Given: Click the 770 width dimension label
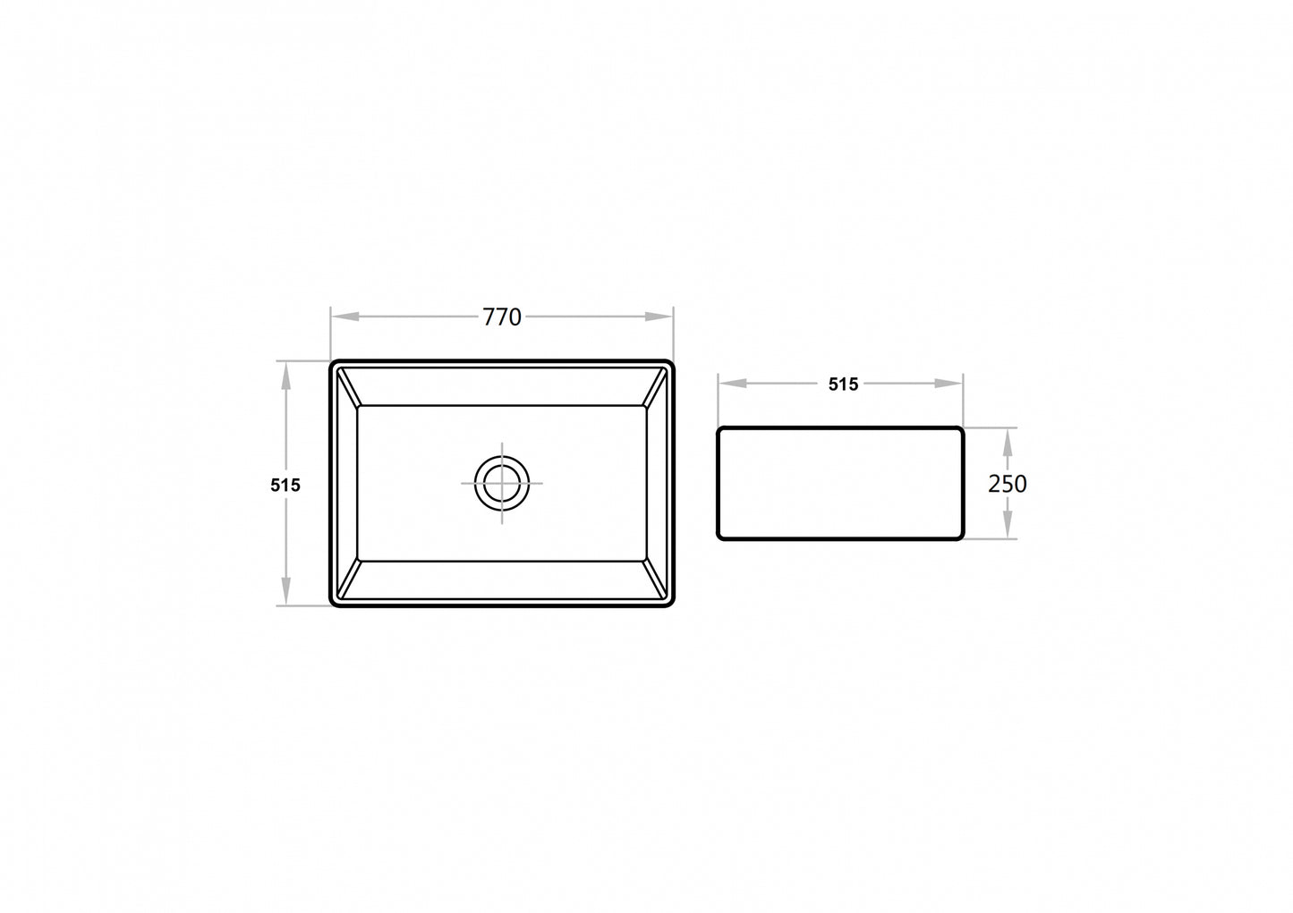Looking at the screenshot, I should [x=501, y=317].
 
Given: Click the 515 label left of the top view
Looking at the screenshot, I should [x=285, y=486].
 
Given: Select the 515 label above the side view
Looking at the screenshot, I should [x=843, y=385].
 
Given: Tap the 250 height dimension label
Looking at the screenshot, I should [x=1008, y=484].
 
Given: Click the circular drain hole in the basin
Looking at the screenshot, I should [x=502, y=483].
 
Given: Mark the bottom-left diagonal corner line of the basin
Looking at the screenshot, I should [x=347, y=579].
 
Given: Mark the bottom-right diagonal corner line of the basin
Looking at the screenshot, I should [x=657, y=579].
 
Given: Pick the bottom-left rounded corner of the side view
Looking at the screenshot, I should [x=721, y=536].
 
